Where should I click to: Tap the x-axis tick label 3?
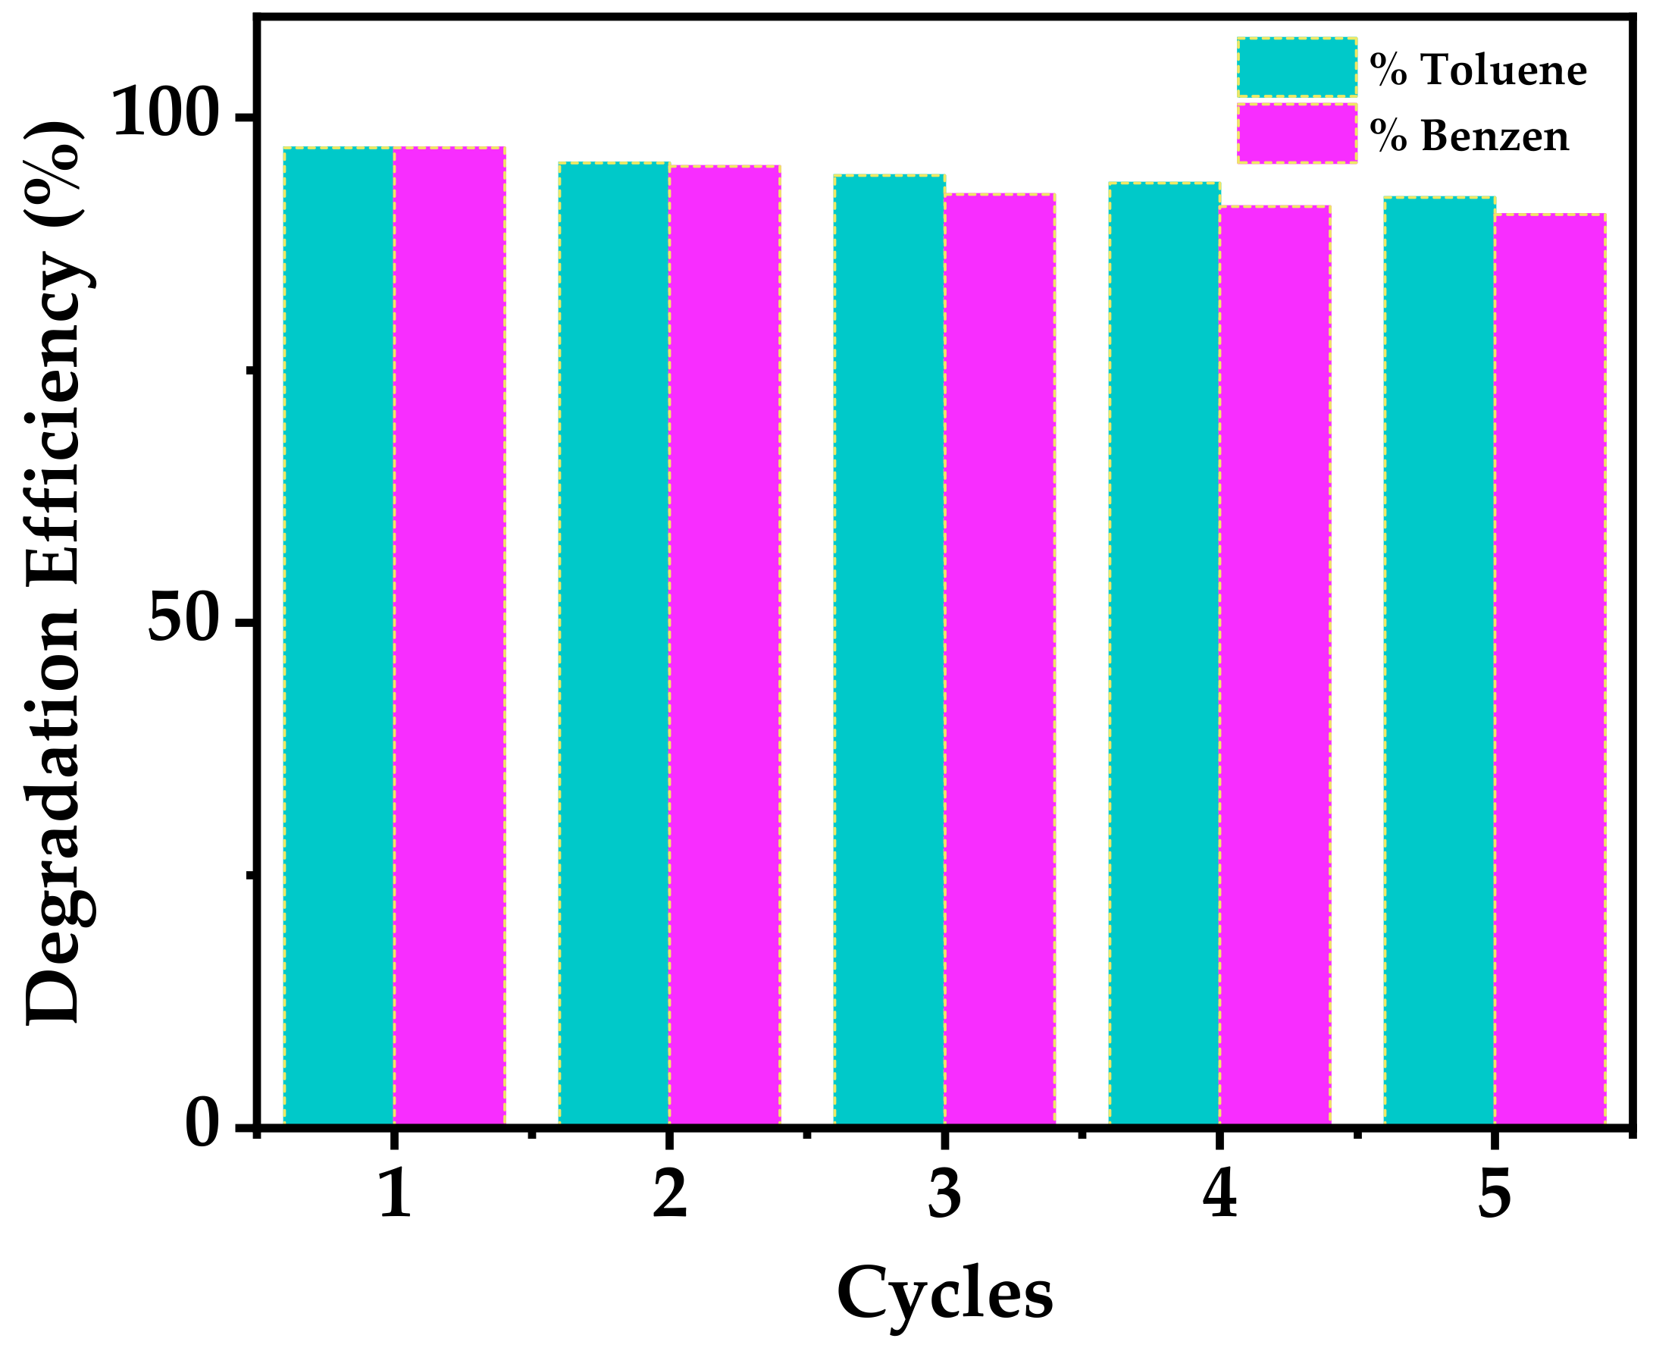click(944, 1194)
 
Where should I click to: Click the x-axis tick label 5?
click(1495, 1194)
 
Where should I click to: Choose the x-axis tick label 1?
click(394, 1194)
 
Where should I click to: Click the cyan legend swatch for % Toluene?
click(1297, 67)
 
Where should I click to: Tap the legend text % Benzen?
click(1470, 136)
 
